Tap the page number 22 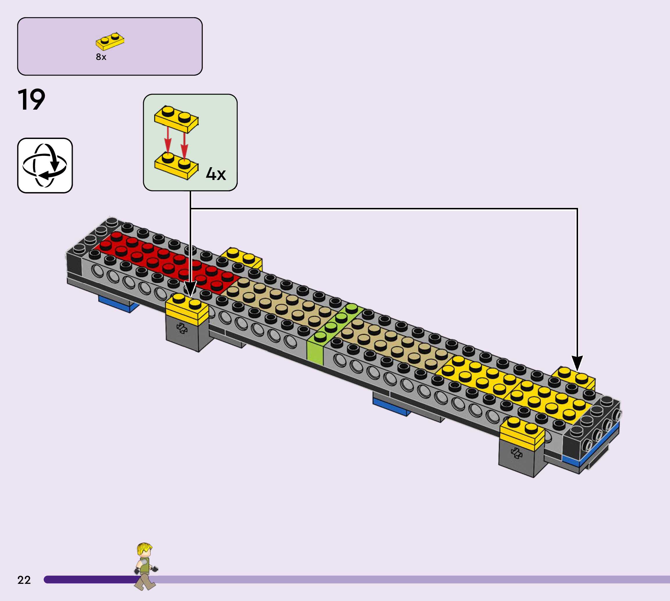pos(24,580)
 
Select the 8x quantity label pos(101,57)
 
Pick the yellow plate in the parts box pos(110,41)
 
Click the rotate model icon pos(45,165)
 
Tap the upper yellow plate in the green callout pos(176,119)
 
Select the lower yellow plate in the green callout pos(176,166)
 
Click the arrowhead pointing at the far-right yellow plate pos(577,363)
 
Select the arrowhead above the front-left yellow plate pos(190,289)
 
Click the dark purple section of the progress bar pos(89,579)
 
